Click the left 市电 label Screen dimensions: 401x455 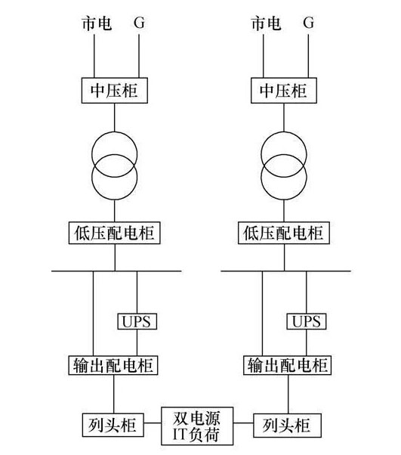97,23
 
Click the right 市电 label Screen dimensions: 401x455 266,23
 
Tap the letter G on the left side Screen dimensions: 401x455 139,23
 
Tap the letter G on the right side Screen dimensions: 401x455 309,23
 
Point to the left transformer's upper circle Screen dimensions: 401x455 115,132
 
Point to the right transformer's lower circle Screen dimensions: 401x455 284,200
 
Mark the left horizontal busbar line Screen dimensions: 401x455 116,271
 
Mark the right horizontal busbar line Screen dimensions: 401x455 286,271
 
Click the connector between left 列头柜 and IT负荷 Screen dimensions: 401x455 153,422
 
